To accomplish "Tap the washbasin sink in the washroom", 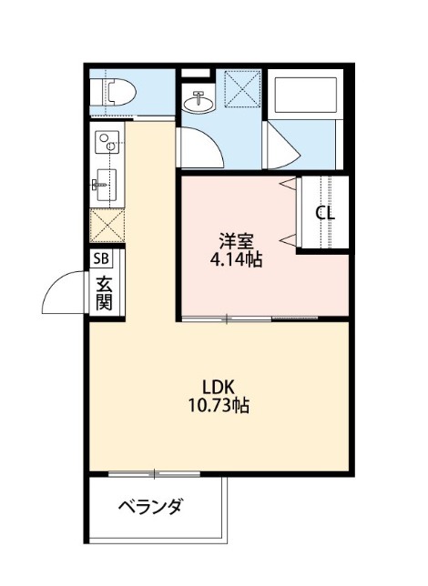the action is (199, 101).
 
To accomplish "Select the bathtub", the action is (306, 95).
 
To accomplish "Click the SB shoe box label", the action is (101, 258).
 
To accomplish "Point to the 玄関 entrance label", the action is (104, 294).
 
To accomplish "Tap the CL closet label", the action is (325, 214).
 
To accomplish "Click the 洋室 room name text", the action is (236, 241).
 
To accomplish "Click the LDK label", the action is (219, 388).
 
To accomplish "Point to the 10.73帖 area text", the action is (219, 405).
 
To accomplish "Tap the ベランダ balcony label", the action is (151, 507).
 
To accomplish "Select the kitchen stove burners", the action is (107, 142).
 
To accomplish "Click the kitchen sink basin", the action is (107, 185).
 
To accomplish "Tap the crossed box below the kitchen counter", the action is (107, 226).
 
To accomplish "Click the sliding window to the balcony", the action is (154, 474).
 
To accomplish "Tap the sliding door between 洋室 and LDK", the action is (250, 318).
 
